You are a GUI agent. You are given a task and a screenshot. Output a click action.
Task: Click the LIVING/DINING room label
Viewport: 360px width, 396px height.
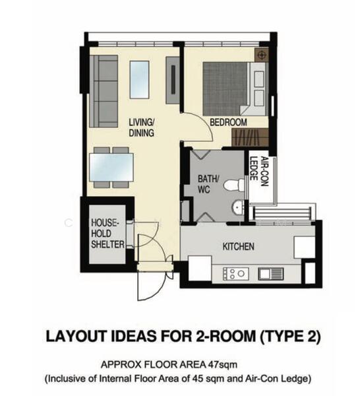(x=141, y=127)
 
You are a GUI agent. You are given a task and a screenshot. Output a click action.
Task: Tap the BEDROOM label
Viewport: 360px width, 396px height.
(x=228, y=123)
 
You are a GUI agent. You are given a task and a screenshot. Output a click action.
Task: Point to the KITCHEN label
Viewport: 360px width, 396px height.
(x=238, y=246)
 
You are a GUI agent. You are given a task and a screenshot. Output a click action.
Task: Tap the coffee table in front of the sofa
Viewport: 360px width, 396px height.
(x=139, y=79)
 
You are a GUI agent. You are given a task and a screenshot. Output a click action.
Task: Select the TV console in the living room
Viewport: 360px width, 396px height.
(x=172, y=80)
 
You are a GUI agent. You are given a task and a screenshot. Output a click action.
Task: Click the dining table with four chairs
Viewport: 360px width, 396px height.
(x=111, y=168)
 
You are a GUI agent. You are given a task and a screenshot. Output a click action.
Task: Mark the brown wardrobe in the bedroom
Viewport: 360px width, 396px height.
(x=250, y=137)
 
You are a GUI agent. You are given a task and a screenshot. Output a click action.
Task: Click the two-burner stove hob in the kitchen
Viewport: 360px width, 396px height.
(x=235, y=273)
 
